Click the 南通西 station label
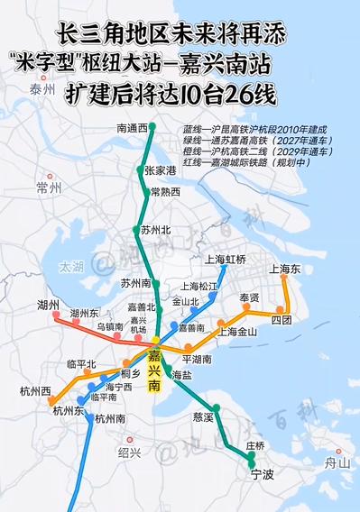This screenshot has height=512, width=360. pos(132,129)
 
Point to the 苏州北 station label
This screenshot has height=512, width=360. pos(155,231)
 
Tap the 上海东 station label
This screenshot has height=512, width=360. pos(284,269)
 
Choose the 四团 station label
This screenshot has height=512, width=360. pos(282,320)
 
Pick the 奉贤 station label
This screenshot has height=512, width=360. pos(249,297)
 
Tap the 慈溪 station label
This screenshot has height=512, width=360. pos(204,417)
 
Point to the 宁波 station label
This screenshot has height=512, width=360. pos(263,474)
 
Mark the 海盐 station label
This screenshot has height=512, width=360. pos(181,374)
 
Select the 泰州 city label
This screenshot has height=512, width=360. pos(42,89)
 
